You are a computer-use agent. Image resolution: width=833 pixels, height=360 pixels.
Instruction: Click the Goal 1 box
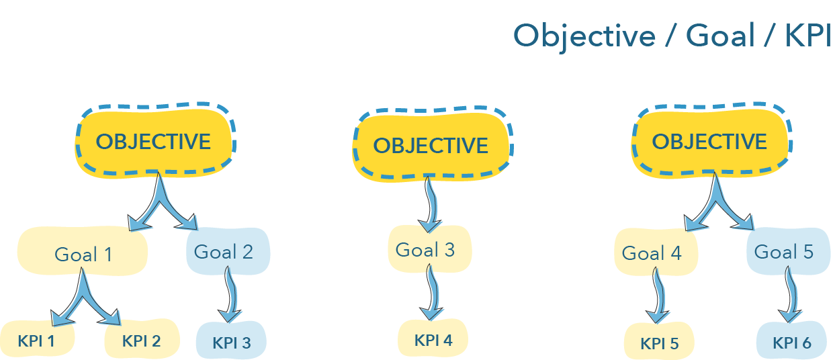[83, 251]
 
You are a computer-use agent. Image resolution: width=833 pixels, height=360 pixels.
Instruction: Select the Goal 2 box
[228, 251]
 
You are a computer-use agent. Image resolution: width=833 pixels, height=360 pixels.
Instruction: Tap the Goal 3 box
[430, 249]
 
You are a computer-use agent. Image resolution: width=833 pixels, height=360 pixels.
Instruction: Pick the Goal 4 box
[656, 252]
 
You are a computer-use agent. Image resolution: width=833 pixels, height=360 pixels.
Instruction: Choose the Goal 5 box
[789, 251]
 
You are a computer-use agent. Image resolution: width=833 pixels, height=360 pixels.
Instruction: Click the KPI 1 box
[37, 340]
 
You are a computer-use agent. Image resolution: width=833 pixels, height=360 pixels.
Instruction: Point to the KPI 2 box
[142, 339]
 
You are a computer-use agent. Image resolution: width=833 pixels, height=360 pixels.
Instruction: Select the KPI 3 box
[231, 341]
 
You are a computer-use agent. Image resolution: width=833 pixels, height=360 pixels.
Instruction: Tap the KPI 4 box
[433, 339]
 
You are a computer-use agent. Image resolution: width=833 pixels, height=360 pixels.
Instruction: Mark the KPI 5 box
[659, 341]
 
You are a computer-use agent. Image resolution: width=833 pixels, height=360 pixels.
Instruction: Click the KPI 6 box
[791, 341]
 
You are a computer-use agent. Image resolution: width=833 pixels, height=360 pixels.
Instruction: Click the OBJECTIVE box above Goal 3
[433, 144]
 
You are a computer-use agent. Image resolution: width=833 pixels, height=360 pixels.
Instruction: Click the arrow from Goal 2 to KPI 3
[231, 294]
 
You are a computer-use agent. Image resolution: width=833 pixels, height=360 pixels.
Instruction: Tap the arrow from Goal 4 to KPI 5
[659, 296]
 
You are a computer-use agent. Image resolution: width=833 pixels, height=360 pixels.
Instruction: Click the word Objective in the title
[584, 37]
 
